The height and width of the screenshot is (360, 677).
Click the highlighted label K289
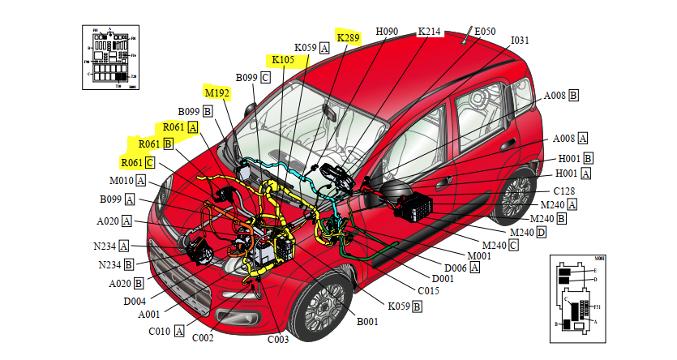point(348,37)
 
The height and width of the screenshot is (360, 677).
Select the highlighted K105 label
point(283,60)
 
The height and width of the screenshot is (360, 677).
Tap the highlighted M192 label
point(217,92)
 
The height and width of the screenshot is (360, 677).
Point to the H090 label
point(387,32)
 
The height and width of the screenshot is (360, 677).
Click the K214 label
point(429,32)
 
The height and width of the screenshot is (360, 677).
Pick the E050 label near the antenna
point(485,32)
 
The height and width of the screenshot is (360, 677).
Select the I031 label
point(520,40)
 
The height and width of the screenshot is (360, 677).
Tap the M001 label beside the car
point(480,255)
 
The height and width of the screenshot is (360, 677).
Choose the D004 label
point(135,301)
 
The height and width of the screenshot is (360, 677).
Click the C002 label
point(203,337)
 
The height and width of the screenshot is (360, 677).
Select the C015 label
point(428,289)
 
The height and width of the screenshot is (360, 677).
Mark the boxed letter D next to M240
point(541,233)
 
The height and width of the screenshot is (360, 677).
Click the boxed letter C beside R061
point(150,163)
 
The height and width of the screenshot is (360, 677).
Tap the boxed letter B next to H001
point(588,158)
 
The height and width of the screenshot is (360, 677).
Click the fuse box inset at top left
point(111,55)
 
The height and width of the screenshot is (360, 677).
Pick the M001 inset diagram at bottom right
point(578,295)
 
